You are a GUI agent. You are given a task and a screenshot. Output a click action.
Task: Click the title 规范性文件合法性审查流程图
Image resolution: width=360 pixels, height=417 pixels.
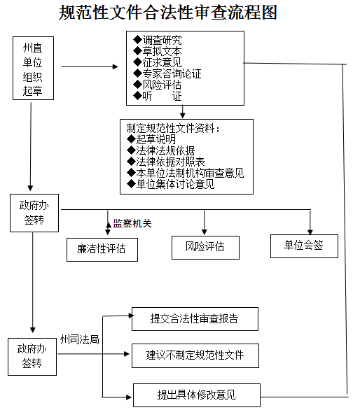168,13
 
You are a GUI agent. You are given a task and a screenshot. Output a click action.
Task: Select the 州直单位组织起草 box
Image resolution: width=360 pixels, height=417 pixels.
34,69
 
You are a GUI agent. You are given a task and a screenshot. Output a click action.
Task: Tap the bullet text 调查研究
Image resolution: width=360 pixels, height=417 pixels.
162,40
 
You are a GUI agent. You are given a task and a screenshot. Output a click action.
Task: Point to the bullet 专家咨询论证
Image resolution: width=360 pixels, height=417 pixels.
172,73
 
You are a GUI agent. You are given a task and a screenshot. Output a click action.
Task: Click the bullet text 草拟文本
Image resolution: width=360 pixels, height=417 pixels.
162,51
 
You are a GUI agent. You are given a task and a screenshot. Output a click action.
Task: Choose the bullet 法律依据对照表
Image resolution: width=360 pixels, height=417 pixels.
170,162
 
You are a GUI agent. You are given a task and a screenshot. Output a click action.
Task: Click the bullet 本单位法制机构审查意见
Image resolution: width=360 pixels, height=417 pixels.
190,173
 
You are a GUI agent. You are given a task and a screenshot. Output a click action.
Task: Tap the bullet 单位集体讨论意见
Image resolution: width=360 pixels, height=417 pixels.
175,184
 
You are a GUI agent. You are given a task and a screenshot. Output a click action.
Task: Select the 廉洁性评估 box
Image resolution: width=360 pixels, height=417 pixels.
102,250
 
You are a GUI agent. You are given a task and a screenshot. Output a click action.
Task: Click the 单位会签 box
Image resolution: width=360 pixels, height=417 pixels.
305,246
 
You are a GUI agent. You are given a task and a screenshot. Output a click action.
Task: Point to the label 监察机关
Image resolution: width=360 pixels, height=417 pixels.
132,223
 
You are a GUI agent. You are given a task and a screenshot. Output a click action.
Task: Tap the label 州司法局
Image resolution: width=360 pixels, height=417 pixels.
80,339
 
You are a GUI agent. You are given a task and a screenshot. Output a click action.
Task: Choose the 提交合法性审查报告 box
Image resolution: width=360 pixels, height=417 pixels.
195,319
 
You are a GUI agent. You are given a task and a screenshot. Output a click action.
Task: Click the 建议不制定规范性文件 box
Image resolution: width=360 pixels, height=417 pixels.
195,356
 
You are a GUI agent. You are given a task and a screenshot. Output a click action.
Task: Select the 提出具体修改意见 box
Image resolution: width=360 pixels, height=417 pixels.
197,395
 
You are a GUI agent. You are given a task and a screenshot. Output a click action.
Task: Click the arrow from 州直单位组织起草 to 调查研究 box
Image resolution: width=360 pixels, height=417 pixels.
90,66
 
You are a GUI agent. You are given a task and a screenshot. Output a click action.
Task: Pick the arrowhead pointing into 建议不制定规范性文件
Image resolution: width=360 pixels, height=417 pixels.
127,354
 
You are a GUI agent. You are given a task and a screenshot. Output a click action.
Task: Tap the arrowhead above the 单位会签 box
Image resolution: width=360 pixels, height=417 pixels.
310,232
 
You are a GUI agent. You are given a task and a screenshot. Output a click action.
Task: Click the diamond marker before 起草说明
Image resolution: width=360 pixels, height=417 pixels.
131,139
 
